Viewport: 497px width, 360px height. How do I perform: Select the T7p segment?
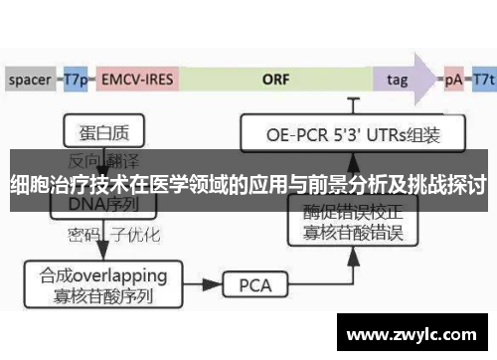(77, 77)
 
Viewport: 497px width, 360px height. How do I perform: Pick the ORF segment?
(275, 77)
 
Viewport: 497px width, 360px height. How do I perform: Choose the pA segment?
(452, 77)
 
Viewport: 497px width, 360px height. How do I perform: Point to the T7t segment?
(484, 77)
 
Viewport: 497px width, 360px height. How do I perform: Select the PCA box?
(254, 285)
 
